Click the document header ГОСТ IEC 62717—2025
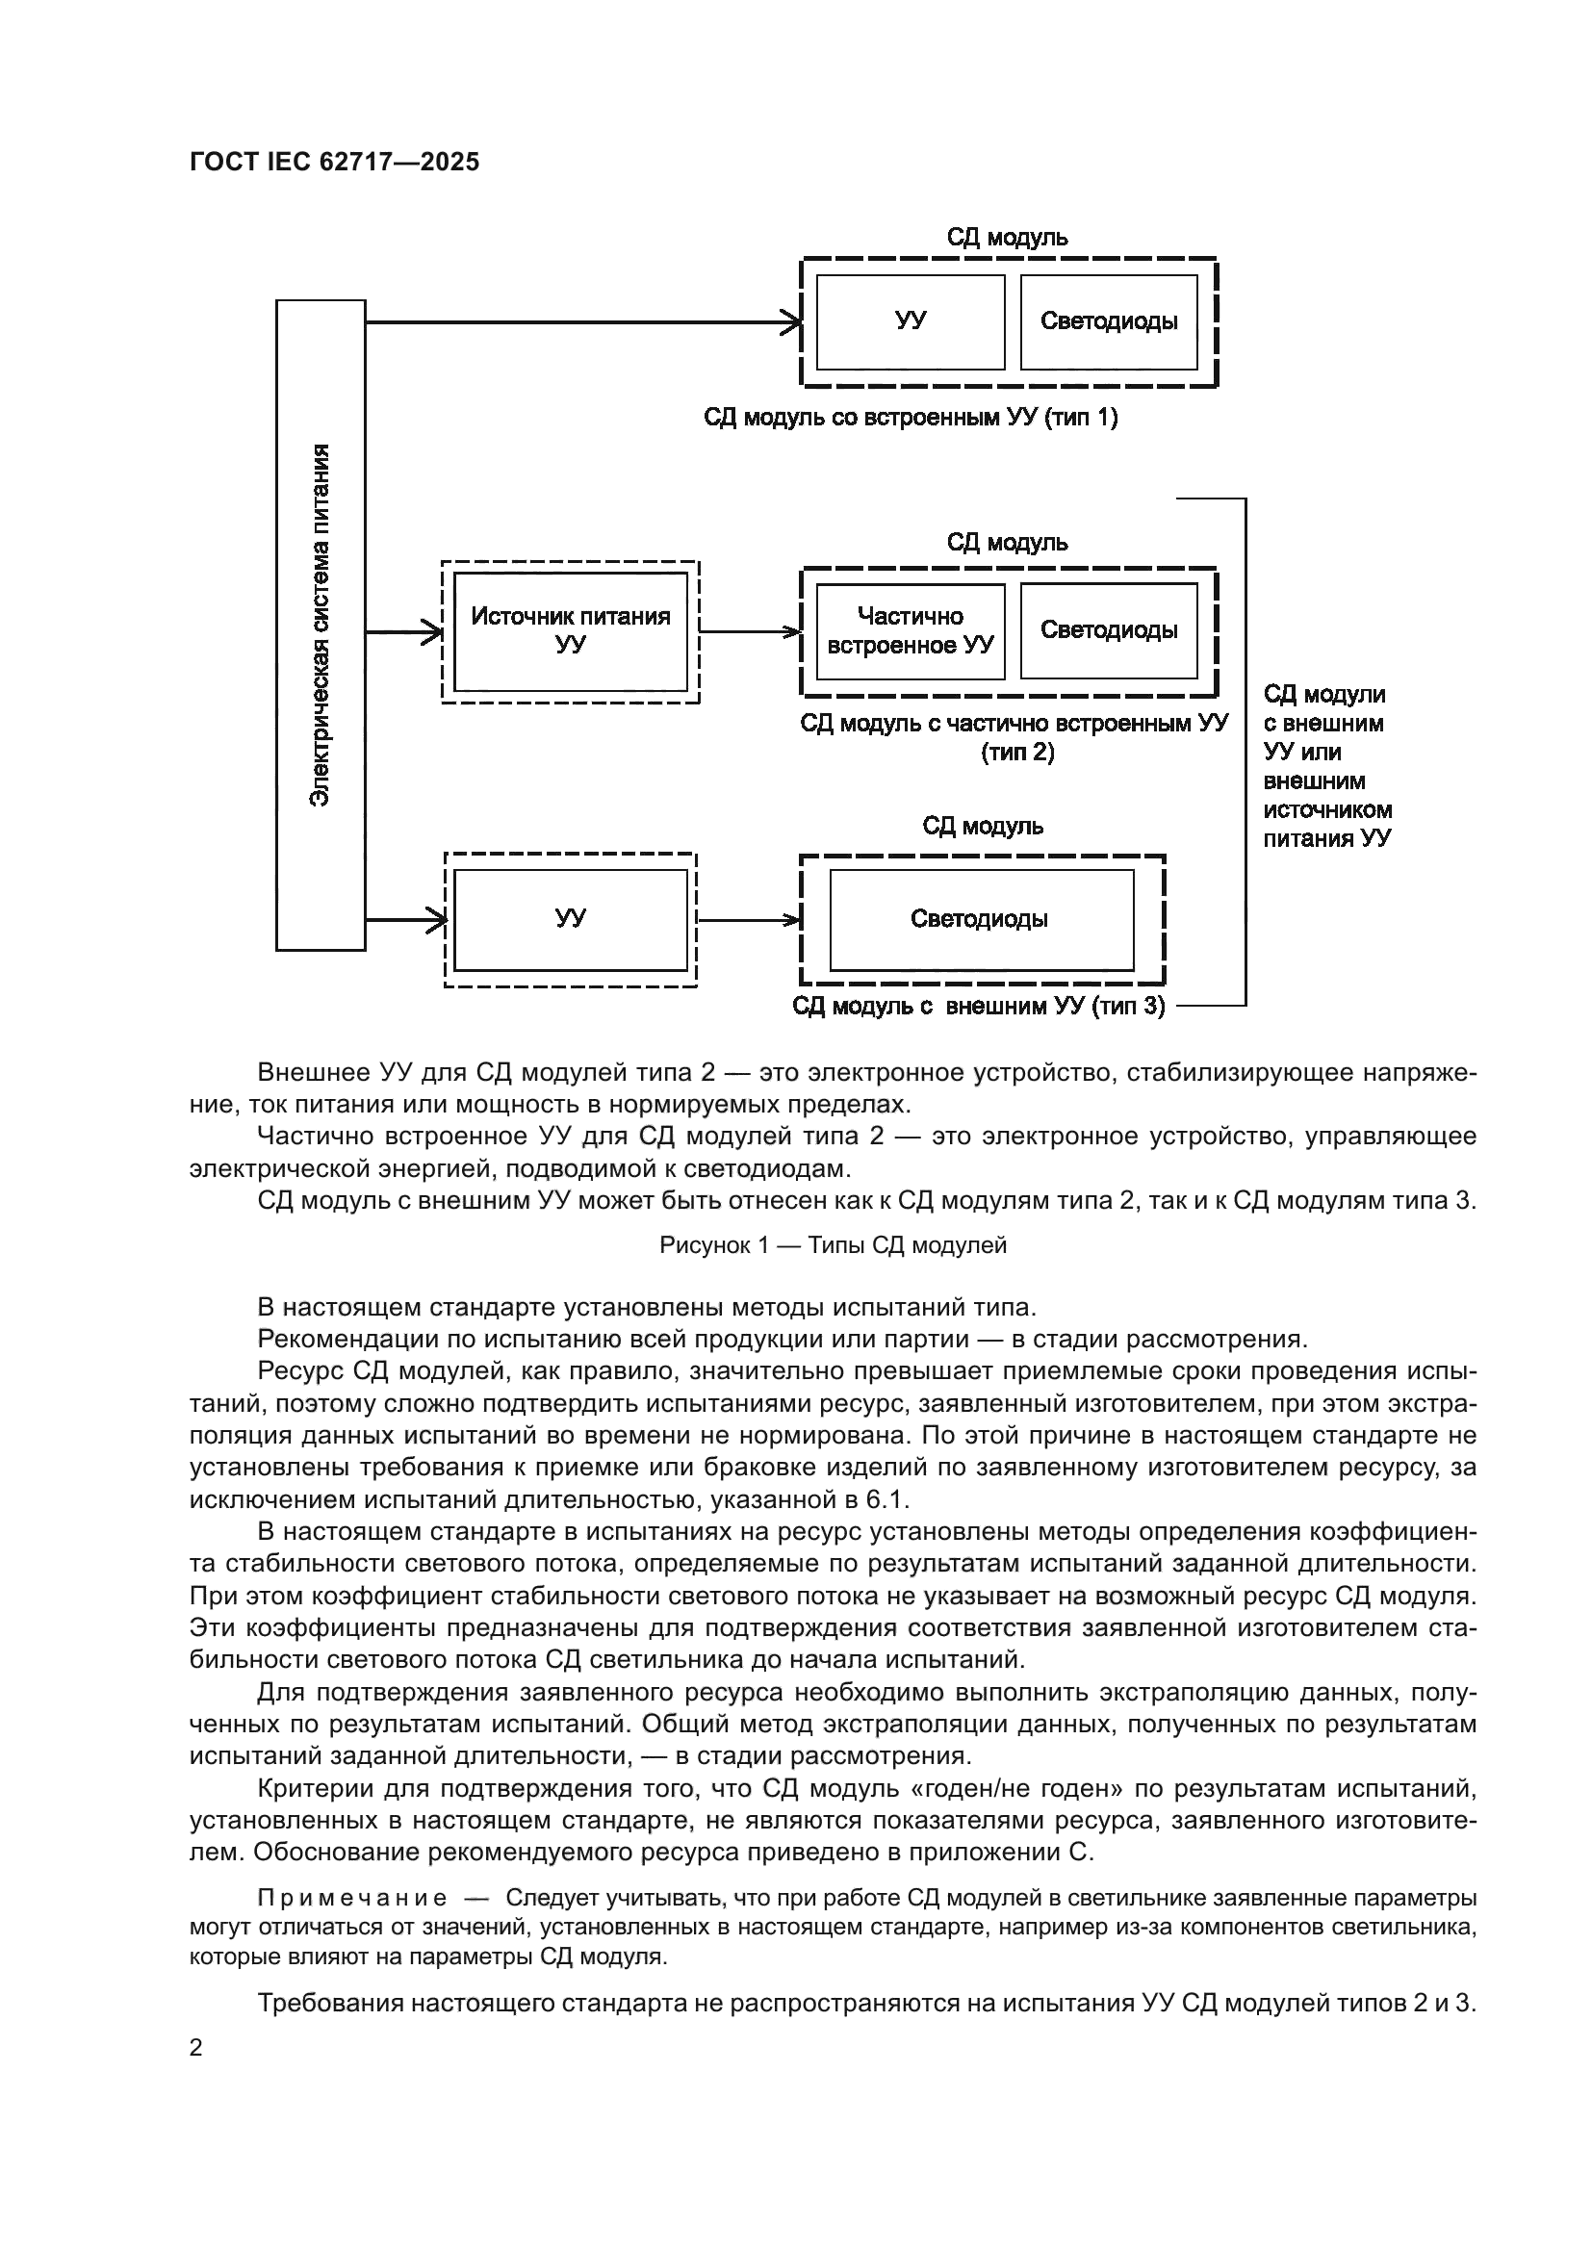pos(334,162)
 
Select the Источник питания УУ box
pos(571,630)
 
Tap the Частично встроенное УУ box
pos(910,630)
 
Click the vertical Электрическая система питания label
pos(320,625)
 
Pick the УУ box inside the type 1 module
pos(910,320)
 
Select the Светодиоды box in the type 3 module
pos(980,919)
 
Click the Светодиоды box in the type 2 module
pos(1109,630)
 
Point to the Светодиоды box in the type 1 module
pos(1109,320)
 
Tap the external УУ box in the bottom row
pos(571,919)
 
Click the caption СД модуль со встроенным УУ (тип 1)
pos(910,418)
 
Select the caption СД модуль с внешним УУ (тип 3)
pos(978,1006)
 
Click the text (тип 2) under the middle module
pos(1016,752)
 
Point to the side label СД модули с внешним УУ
pos(1325,766)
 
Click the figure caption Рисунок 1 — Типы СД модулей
pos(833,1245)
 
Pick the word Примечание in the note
pos(352,1898)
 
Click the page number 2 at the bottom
pos(196,2047)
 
